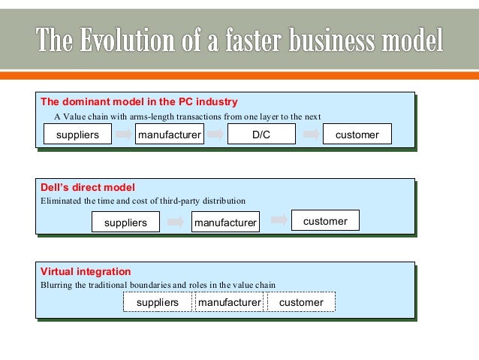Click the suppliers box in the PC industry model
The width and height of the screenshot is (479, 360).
[x=77, y=135]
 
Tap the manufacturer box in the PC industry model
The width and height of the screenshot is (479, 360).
[x=169, y=135]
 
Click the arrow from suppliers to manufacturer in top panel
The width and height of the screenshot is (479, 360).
[x=123, y=135]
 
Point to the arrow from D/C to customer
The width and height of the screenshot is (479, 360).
[x=308, y=135]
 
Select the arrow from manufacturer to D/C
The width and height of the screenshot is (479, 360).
[x=215, y=135]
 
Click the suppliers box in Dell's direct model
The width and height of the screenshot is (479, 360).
[x=125, y=222]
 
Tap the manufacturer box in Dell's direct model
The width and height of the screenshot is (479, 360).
[x=225, y=222]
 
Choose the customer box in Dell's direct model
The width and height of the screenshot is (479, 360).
[x=325, y=221]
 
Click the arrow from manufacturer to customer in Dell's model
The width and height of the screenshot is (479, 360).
[x=279, y=220]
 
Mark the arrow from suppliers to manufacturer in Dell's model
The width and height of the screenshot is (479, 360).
[x=176, y=222]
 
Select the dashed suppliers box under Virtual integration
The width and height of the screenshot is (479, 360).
[x=158, y=302]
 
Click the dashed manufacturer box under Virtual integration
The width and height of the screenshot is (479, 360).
[x=229, y=302]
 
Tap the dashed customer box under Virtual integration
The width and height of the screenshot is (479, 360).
[x=300, y=302]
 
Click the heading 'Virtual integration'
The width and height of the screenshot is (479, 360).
[x=86, y=271]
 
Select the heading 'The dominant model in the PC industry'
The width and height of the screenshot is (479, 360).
[x=139, y=101]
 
